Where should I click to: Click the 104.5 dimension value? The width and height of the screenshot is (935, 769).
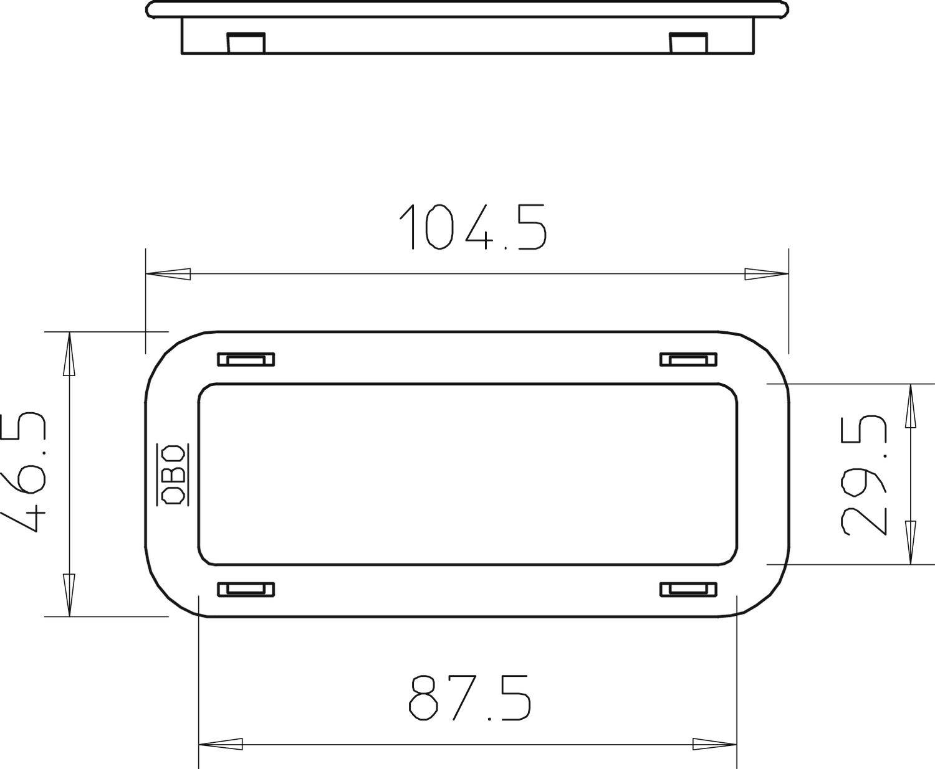[473, 227]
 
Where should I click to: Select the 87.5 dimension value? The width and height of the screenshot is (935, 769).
[469, 697]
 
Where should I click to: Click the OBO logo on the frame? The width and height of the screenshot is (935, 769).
[173, 474]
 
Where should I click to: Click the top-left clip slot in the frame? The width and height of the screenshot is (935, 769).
[246, 359]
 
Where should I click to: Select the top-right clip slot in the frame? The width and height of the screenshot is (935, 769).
[689, 359]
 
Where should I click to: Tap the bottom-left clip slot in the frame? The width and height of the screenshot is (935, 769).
[246, 590]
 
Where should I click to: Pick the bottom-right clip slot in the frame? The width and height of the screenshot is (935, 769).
[689, 590]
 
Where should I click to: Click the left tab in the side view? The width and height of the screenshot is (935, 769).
[246, 43]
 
